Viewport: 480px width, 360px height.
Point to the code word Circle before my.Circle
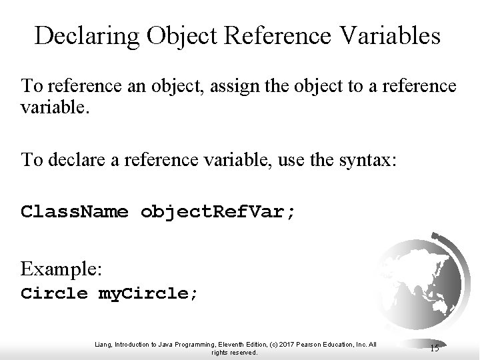[x=54, y=293]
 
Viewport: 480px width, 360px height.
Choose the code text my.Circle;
[x=148, y=293]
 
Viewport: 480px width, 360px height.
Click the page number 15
[x=435, y=349]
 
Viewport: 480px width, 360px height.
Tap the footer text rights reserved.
[x=234, y=353]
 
